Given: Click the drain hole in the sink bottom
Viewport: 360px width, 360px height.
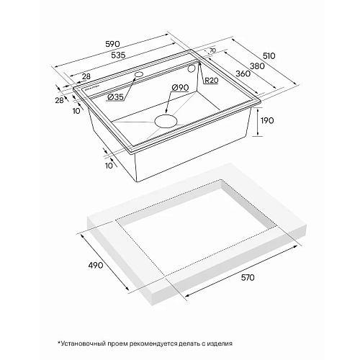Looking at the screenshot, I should tap(169, 119).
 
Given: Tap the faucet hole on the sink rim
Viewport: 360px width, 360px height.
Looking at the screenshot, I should tap(138, 75).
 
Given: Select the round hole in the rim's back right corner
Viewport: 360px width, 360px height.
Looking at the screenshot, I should tap(192, 69).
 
